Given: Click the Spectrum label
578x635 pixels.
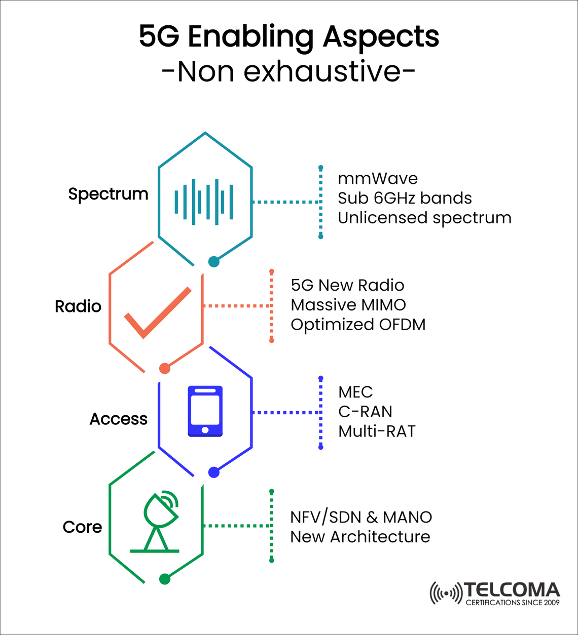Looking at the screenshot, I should click(x=108, y=194).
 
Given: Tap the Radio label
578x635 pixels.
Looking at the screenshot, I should click(x=78, y=306).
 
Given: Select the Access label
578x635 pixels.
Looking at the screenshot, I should click(x=118, y=419).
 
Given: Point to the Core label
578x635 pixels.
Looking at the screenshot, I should click(x=82, y=527).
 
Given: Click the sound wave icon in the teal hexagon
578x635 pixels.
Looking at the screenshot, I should click(x=204, y=202).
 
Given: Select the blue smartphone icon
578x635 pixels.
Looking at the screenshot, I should click(x=205, y=411).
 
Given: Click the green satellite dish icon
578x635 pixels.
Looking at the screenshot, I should click(x=157, y=522).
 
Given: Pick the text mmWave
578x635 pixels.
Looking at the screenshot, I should click(x=378, y=178).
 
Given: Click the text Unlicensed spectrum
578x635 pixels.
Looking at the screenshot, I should click(x=424, y=218).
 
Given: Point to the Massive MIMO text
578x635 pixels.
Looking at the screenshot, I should click(x=348, y=305).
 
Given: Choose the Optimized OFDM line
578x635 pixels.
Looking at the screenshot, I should click(x=358, y=325).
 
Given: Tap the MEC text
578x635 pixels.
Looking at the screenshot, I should click(x=355, y=392).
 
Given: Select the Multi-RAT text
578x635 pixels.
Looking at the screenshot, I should click(x=377, y=431).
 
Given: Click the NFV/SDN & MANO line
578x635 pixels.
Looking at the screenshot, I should click(x=361, y=517).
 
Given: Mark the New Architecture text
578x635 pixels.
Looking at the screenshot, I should click(x=360, y=537).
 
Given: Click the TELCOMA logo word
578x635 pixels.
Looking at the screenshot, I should click(x=511, y=590).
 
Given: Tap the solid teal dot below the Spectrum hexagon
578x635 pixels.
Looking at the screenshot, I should click(x=214, y=262).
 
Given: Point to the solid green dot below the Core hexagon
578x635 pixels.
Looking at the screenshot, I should click(x=165, y=579).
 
